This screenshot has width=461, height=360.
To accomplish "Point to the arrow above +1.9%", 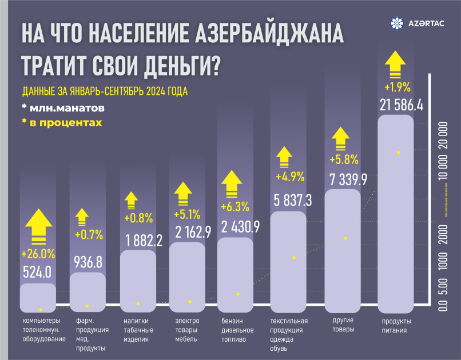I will (x=396, y=64).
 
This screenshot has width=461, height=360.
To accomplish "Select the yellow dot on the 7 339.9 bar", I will (x=345, y=238).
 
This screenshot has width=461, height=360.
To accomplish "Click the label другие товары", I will (x=343, y=325).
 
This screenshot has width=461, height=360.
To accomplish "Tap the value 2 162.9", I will (x=186, y=232).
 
